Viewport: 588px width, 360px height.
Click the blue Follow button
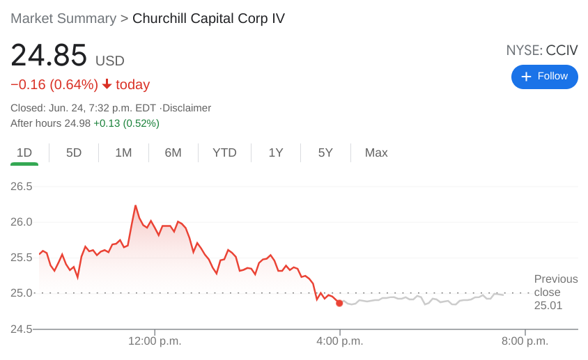point(544,77)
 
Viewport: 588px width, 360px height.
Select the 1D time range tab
point(24,152)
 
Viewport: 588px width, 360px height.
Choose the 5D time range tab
point(74,152)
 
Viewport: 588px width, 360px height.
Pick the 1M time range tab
point(123,152)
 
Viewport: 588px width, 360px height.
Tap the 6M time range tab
point(173,152)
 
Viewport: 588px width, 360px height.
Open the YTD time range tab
point(224,152)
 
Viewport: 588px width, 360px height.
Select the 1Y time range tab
point(276,152)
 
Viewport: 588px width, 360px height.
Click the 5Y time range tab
point(325,152)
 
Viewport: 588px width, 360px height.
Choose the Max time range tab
point(376,152)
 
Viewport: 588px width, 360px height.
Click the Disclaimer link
point(187,108)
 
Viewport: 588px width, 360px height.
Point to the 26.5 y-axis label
point(21,187)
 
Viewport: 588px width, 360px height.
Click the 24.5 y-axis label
point(21,329)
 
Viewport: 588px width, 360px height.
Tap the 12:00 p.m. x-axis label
point(155,341)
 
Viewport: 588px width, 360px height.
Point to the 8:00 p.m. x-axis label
point(525,341)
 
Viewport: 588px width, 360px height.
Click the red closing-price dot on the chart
point(339,303)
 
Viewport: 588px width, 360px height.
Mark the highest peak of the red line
point(135,206)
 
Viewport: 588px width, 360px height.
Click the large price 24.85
point(49,56)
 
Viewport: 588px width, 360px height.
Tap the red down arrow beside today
point(107,84)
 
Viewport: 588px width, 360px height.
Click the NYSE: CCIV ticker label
point(541,50)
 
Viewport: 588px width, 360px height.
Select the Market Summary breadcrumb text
point(63,19)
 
